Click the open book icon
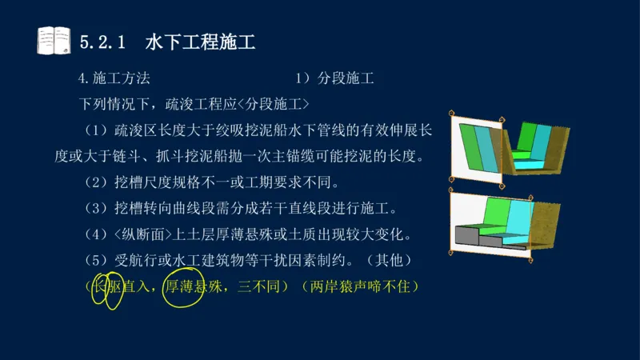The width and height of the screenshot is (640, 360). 54,40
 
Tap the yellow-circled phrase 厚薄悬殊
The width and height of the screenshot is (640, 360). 194,286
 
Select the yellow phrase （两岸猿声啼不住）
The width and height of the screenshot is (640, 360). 361,286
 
